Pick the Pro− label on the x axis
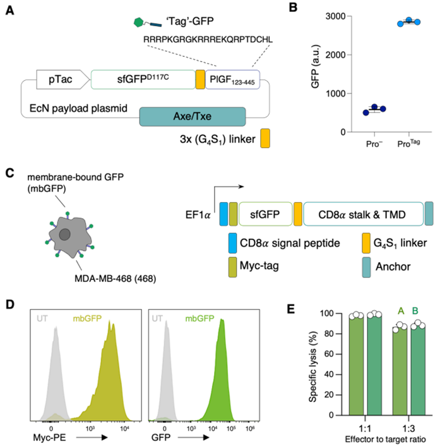(361, 145)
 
